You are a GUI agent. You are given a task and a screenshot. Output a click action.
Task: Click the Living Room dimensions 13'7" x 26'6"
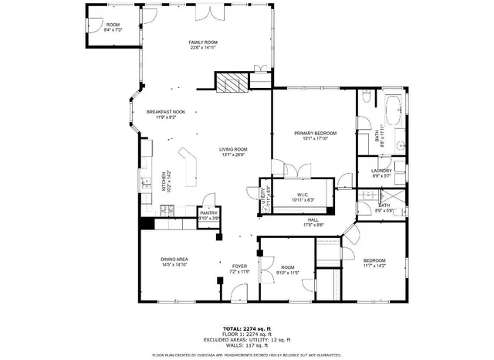232,155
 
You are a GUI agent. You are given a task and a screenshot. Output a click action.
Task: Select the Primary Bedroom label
312,133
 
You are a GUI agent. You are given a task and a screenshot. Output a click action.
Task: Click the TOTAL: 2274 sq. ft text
246,328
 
